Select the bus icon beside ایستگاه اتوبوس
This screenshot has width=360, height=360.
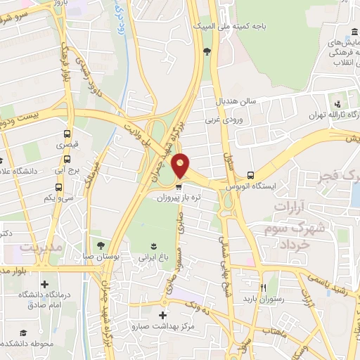point(251,176)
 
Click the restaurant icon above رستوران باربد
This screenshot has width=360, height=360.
point(264,288)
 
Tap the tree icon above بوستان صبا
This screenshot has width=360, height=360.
point(102,245)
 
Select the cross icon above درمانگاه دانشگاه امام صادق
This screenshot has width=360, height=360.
point(45,285)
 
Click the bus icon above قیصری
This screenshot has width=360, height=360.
point(67,133)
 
